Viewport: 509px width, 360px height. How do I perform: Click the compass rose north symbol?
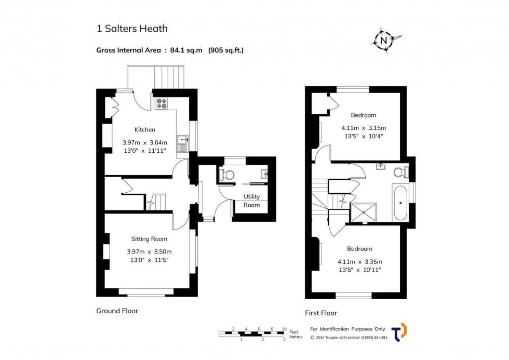(384, 40)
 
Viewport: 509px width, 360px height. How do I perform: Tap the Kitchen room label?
(145, 129)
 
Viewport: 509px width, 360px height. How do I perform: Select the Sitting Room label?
(149, 239)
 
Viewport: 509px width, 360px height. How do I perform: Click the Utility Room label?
(252, 201)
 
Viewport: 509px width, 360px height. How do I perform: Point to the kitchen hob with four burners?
(161, 103)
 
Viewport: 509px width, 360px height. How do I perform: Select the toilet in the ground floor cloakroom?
(226, 175)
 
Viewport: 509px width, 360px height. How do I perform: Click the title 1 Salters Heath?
(132, 29)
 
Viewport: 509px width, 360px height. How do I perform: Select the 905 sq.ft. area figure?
(226, 50)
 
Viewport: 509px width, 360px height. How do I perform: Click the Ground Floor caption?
(117, 311)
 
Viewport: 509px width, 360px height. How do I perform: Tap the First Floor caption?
(321, 313)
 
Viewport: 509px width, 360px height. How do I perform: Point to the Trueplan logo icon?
(399, 332)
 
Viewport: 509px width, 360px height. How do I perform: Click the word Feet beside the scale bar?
(294, 331)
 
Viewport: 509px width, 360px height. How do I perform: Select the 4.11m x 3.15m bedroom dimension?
(364, 128)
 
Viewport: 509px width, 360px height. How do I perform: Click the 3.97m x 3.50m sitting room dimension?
(149, 251)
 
